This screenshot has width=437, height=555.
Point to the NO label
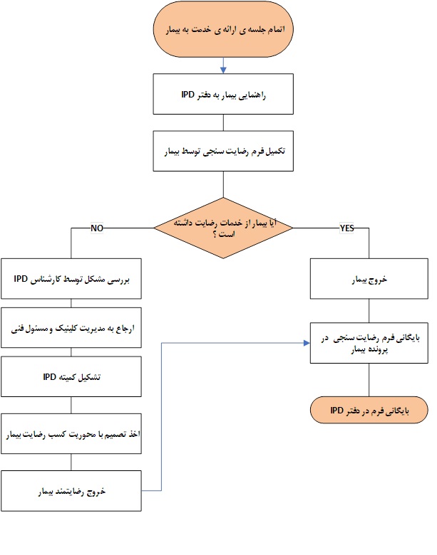(x=98, y=228)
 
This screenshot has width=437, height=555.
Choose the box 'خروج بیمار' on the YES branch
(x=369, y=280)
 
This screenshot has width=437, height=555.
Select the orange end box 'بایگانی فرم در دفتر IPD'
(x=369, y=411)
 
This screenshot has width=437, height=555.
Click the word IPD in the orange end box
(x=337, y=411)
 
